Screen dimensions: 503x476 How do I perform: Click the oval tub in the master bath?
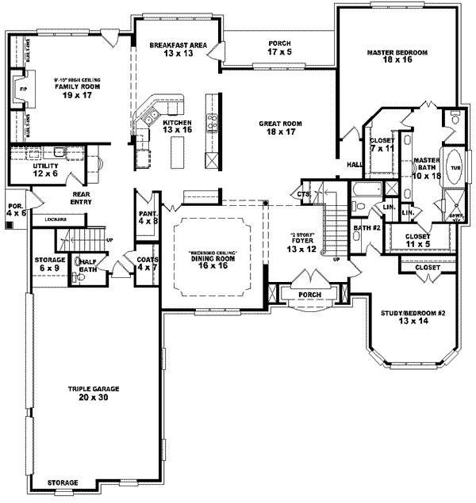pyautogui.click(x=455, y=168)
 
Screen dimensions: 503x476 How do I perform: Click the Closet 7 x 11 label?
pyautogui.click(x=382, y=145)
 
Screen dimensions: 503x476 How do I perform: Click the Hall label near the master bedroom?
pyautogui.click(x=353, y=165)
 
